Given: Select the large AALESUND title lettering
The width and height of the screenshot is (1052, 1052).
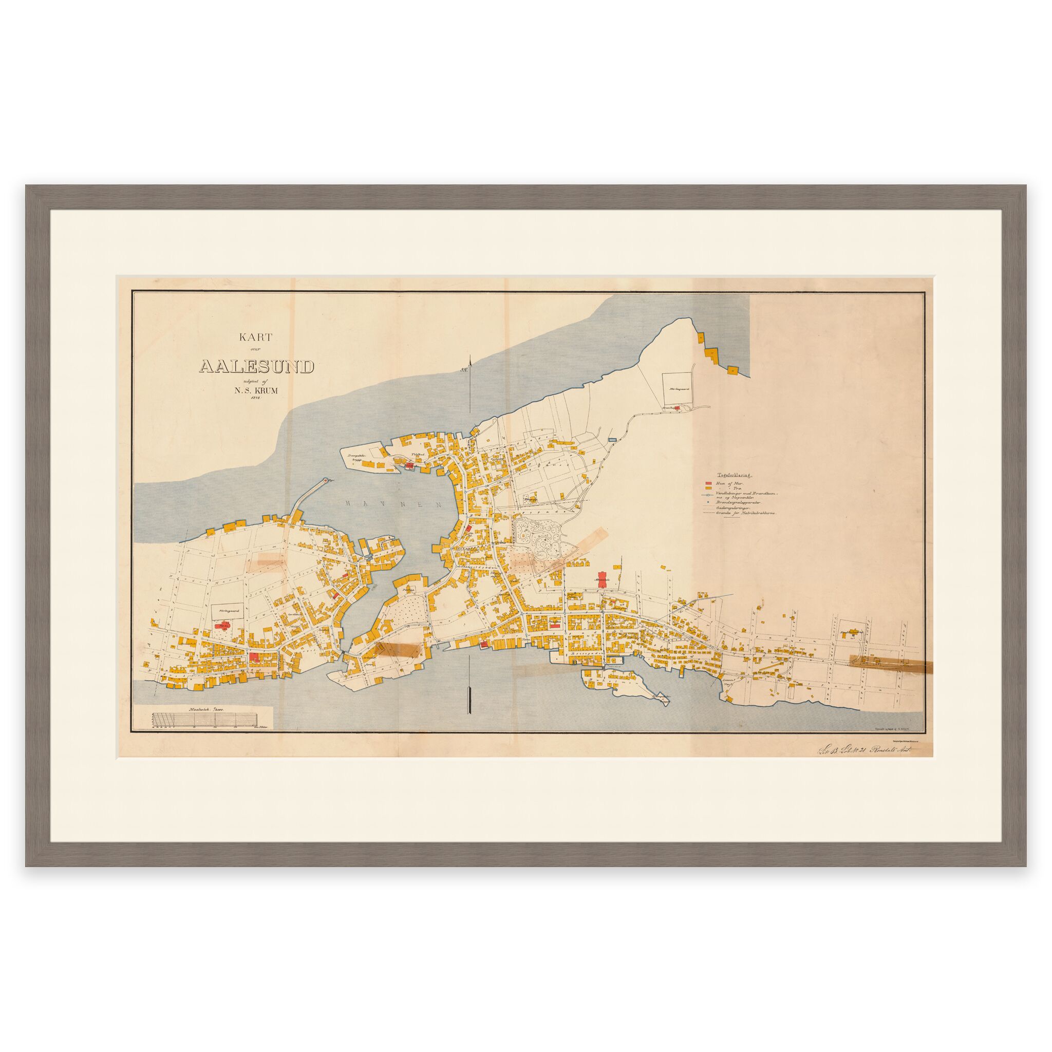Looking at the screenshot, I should pos(256,366).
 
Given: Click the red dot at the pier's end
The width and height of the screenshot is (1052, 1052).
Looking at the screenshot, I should pos(326,480).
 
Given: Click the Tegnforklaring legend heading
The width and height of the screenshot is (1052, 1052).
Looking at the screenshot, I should pos(731,474).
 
